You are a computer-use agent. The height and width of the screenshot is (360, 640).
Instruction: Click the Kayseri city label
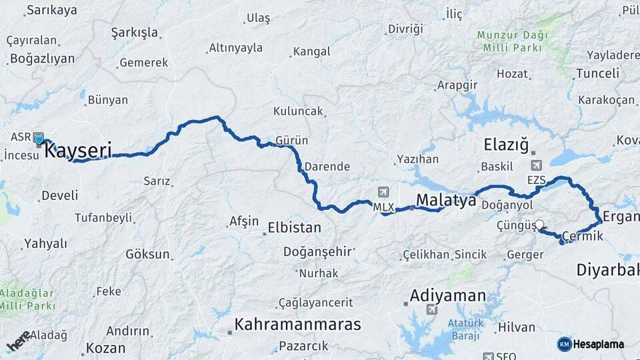pos(78,151)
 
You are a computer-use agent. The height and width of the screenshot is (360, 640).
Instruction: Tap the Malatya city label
pos(446,199)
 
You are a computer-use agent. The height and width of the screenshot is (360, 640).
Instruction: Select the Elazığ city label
pos(506,144)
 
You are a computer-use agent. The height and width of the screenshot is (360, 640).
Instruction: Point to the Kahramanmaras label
pos(297,325)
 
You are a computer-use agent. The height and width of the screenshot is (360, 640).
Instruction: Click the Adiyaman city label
pos(448,295)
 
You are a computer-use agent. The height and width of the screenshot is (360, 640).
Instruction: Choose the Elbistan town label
pos(293,227)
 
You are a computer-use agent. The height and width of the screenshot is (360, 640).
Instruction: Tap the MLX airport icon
pos(383,193)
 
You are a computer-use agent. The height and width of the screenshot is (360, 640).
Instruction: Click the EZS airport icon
pos(536,165)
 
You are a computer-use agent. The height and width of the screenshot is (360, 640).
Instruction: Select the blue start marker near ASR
pos(39,139)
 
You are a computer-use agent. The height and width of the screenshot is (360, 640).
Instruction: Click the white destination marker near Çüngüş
pos(539,225)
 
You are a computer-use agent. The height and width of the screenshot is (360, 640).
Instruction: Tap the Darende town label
pos(327,167)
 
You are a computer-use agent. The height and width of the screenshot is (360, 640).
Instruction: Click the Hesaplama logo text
pos(598,344)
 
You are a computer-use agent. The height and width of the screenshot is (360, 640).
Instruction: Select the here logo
pos(19,341)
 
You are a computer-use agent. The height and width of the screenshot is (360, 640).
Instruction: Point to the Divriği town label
pos(405,29)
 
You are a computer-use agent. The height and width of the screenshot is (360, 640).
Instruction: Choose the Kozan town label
pos(105,348)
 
